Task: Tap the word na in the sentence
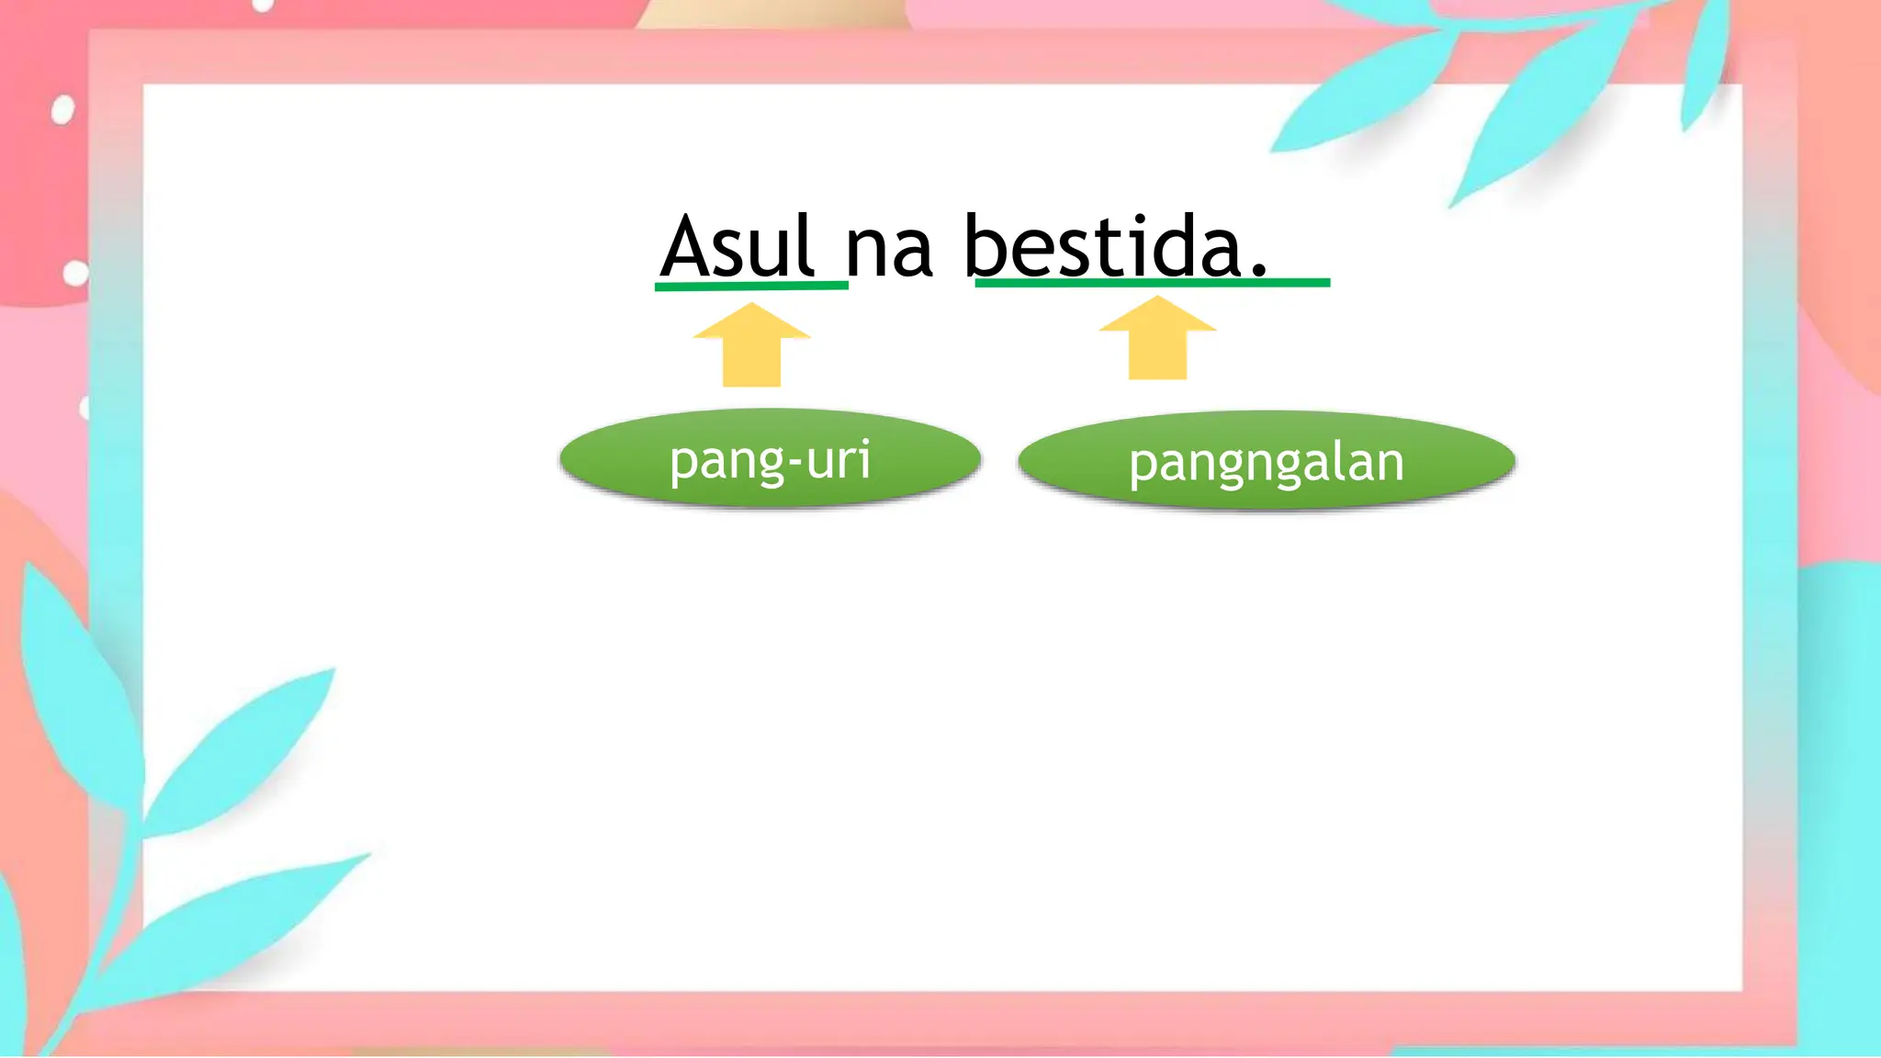888,249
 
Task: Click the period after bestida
1259,271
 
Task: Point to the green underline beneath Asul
750,287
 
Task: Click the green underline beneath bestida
1152,283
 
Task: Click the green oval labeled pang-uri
770,457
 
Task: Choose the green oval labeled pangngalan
1266,460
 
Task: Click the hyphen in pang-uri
794,462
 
